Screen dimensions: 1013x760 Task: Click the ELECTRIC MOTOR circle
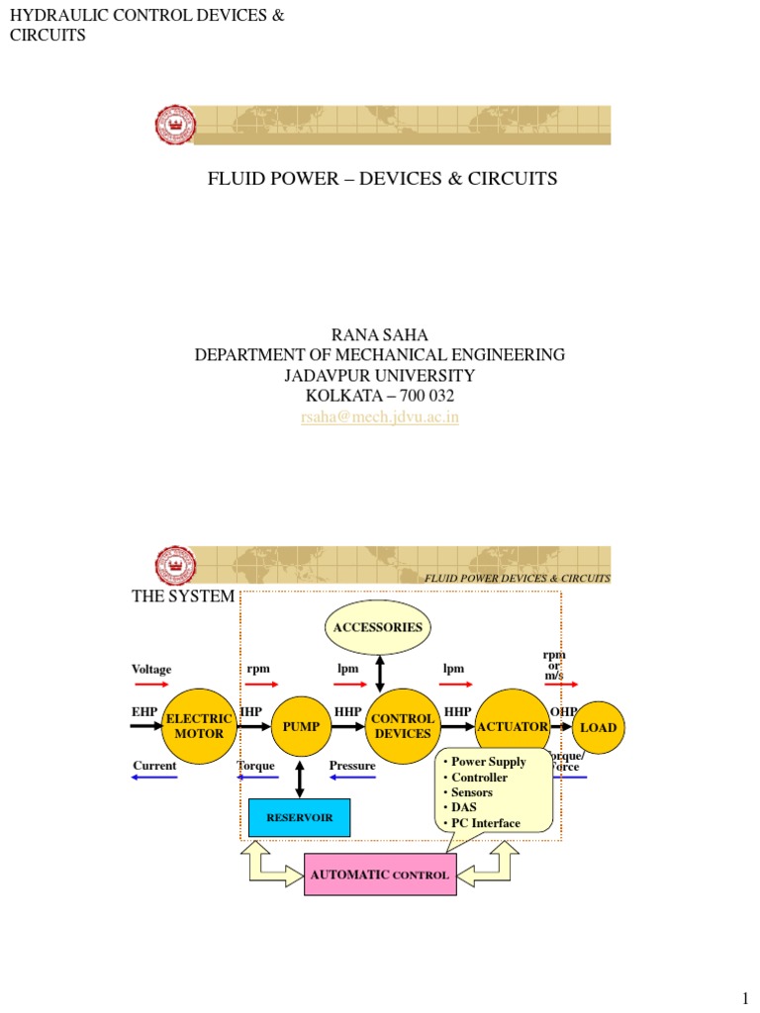click(x=199, y=727)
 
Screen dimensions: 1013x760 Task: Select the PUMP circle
click(x=301, y=727)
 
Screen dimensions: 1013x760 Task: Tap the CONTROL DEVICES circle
click(x=403, y=727)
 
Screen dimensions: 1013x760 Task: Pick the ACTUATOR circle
click(x=512, y=726)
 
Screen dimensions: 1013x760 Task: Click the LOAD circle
click(x=598, y=727)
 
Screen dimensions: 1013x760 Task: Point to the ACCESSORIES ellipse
click(x=378, y=627)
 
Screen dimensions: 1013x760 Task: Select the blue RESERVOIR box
click(x=299, y=818)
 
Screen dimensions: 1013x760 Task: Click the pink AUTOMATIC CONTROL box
click(x=380, y=875)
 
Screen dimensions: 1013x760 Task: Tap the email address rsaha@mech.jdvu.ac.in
click(x=380, y=417)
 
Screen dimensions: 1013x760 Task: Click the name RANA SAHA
click(x=380, y=335)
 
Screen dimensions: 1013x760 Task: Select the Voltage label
click(x=151, y=670)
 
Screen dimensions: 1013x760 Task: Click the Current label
click(x=154, y=766)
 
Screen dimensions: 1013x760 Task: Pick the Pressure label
click(x=352, y=766)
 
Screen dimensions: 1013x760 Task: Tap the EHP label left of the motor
click(x=144, y=711)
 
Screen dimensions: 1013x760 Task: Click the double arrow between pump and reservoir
click(x=300, y=779)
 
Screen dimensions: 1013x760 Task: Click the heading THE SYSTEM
click(x=183, y=597)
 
